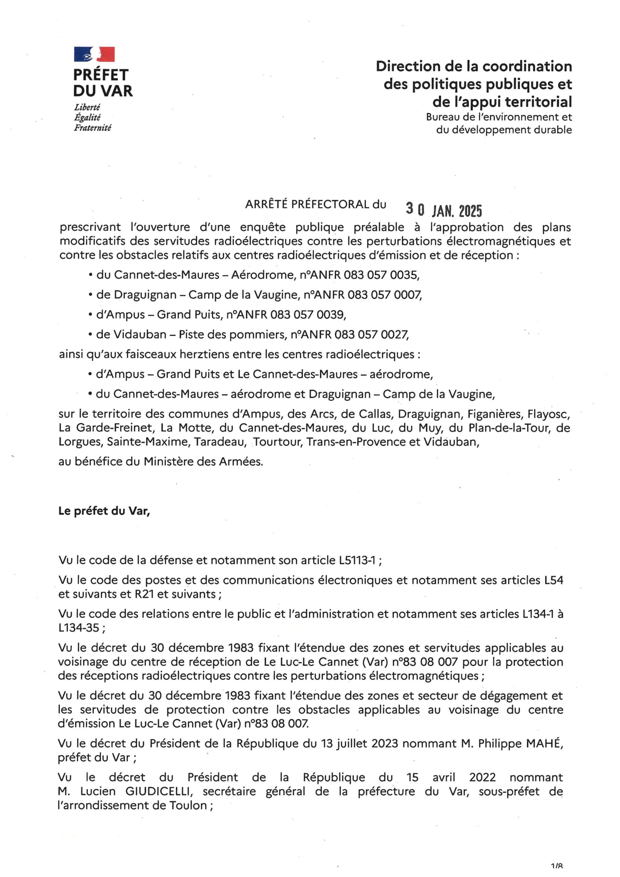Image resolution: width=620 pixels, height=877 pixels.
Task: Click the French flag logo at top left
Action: (94, 54)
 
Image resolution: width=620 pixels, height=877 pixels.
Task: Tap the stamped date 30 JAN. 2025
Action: (444, 210)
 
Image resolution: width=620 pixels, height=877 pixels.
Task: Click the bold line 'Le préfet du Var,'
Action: (104, 511)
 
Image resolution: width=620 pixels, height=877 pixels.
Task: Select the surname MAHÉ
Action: (544, 744)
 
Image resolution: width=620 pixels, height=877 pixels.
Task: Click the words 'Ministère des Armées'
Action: (203, 462)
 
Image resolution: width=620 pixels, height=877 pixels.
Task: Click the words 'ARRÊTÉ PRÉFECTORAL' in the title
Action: (307, 205)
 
